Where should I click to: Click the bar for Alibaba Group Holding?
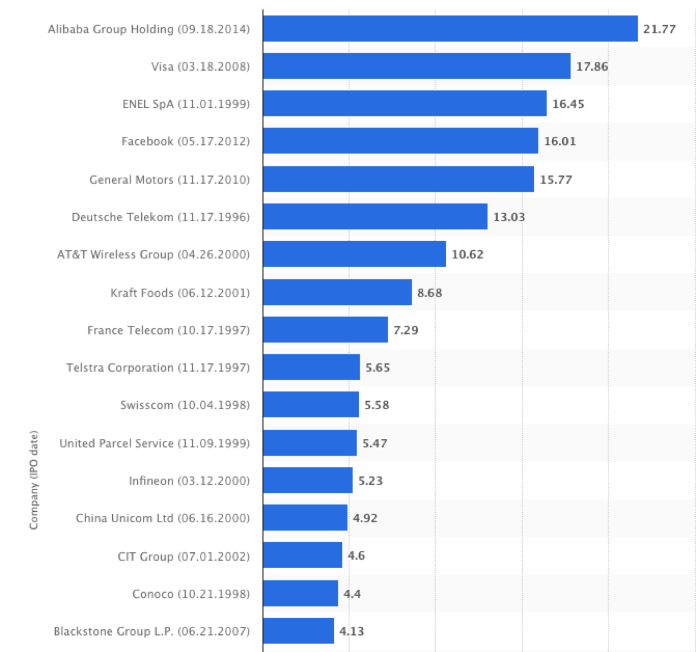[x=450, y=28]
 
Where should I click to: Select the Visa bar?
[x=416, y=66]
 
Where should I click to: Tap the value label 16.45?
[x=568, y=104]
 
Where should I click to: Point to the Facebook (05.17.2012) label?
[x=185, y=141]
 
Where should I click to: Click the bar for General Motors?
[x=398, y=179]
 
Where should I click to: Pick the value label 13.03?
[x=509, y=217]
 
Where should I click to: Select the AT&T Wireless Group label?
[x=153, y=254]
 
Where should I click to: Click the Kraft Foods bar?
[x=337, y=292]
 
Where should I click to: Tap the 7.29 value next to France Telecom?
[x=406, y=330]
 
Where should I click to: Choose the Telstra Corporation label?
[x=158, y=368]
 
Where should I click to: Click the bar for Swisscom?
[x=310, y=405]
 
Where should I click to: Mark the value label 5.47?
[x=374, y=443]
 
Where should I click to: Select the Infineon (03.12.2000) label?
[x=189, y=480]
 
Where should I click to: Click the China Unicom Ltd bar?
[x=305, y=517]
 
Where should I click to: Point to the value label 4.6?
[x=356, y=556]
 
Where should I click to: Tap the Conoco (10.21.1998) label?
[x=191, y=594]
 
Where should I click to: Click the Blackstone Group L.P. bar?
[x=298, y=631]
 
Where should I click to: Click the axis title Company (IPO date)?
[x=34, y=480]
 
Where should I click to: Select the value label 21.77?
[x=659, y=29]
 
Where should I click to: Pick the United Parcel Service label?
[x=154, y=443]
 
